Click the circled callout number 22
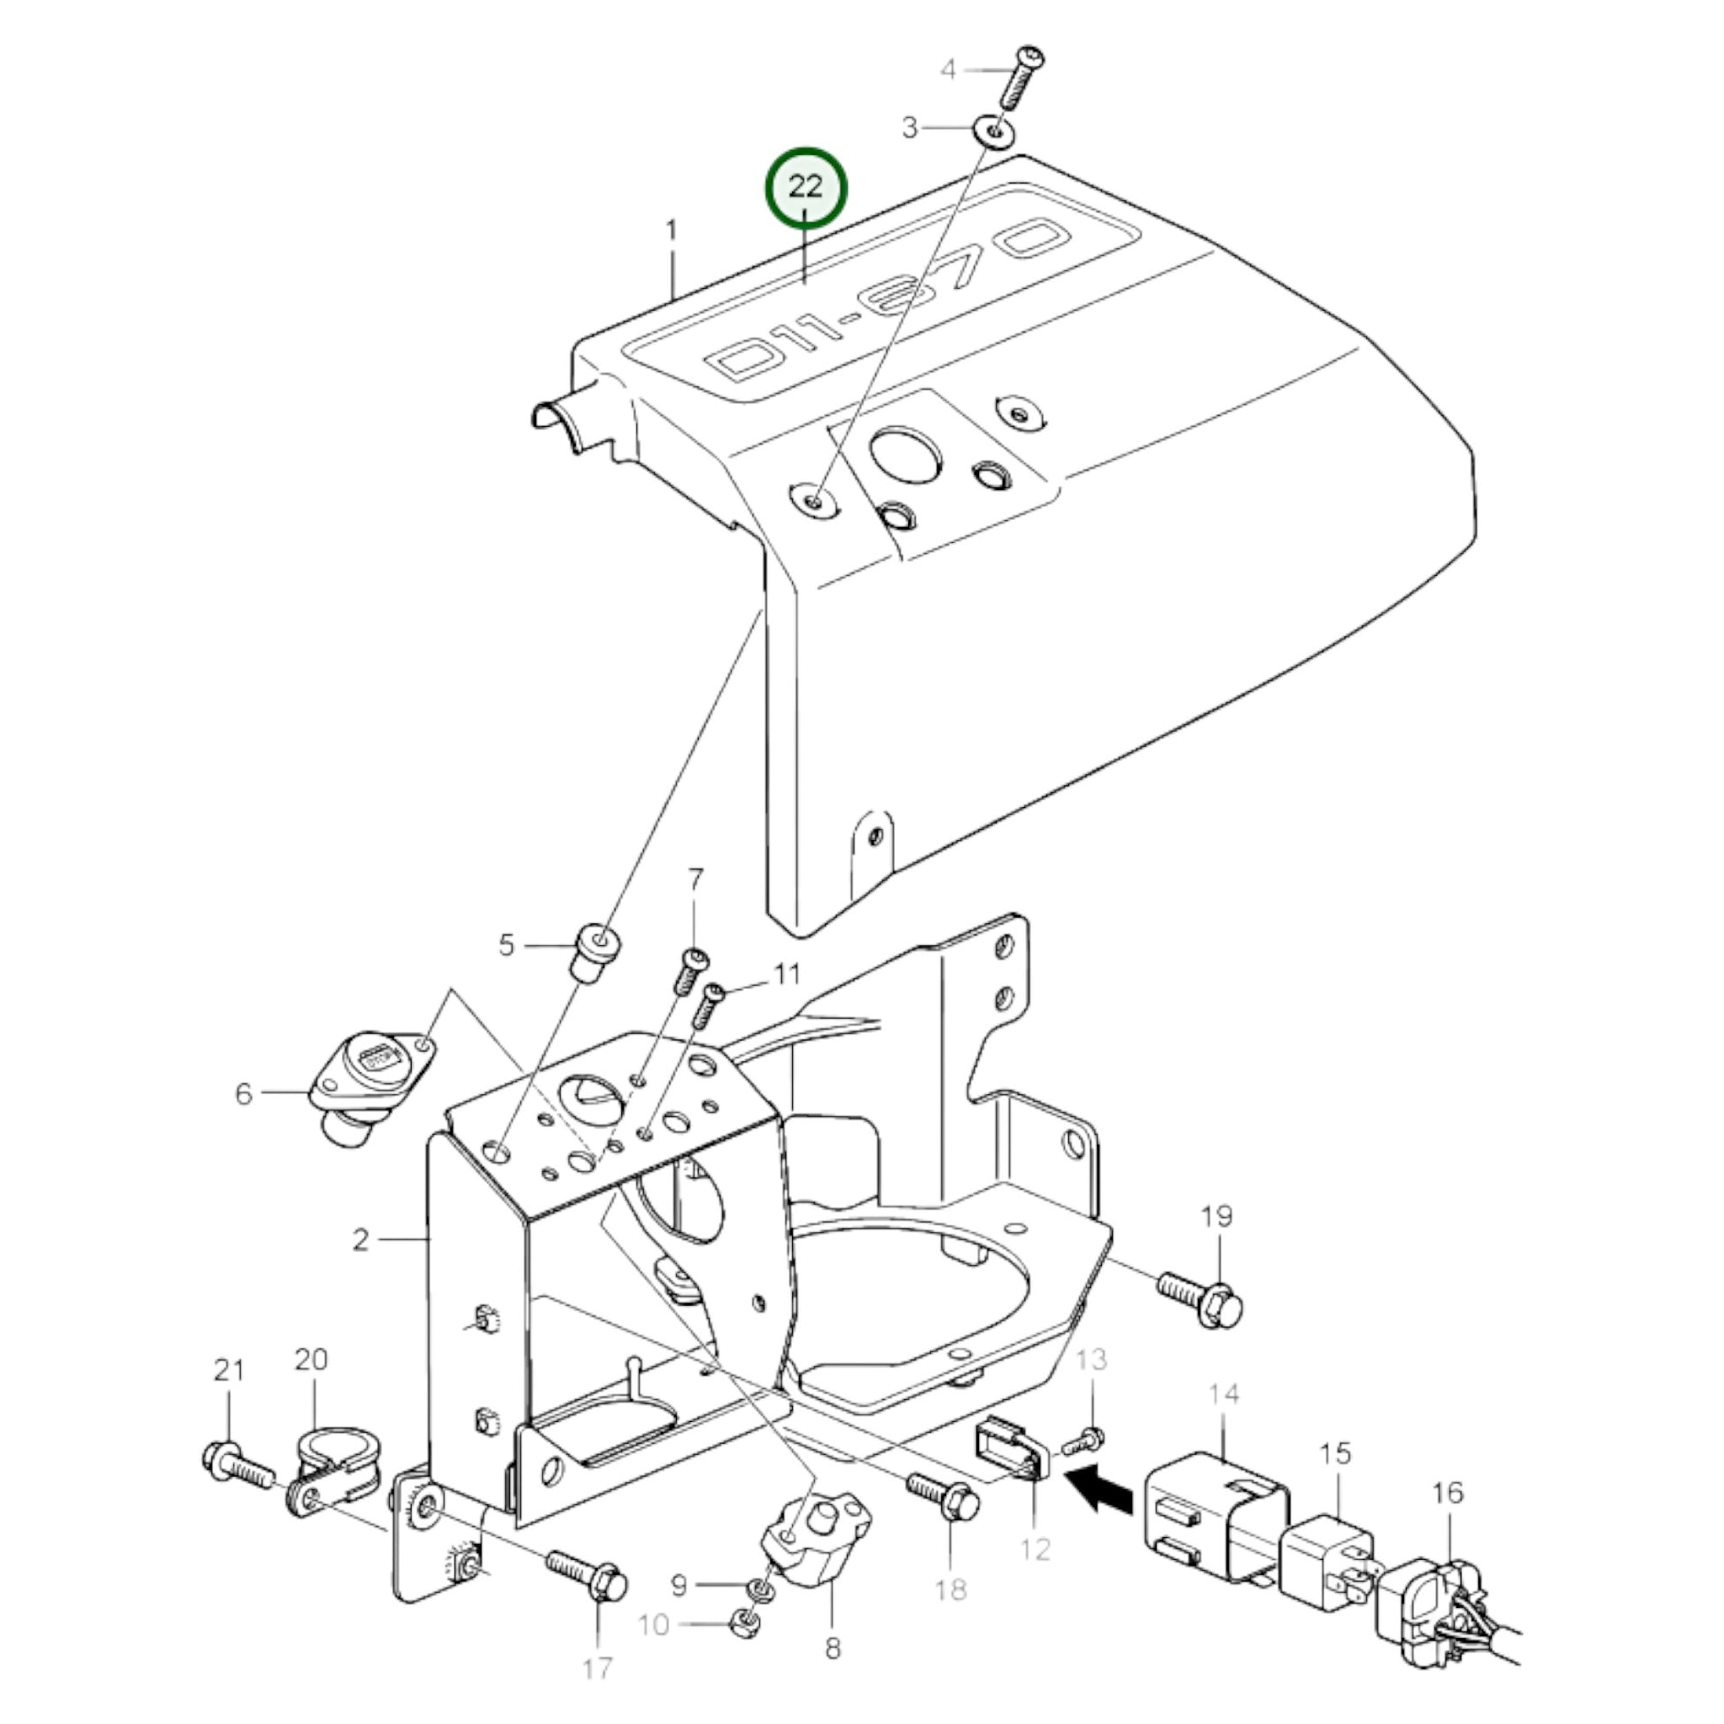(x=806, y=189)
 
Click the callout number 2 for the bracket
(x=361, y=1239)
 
